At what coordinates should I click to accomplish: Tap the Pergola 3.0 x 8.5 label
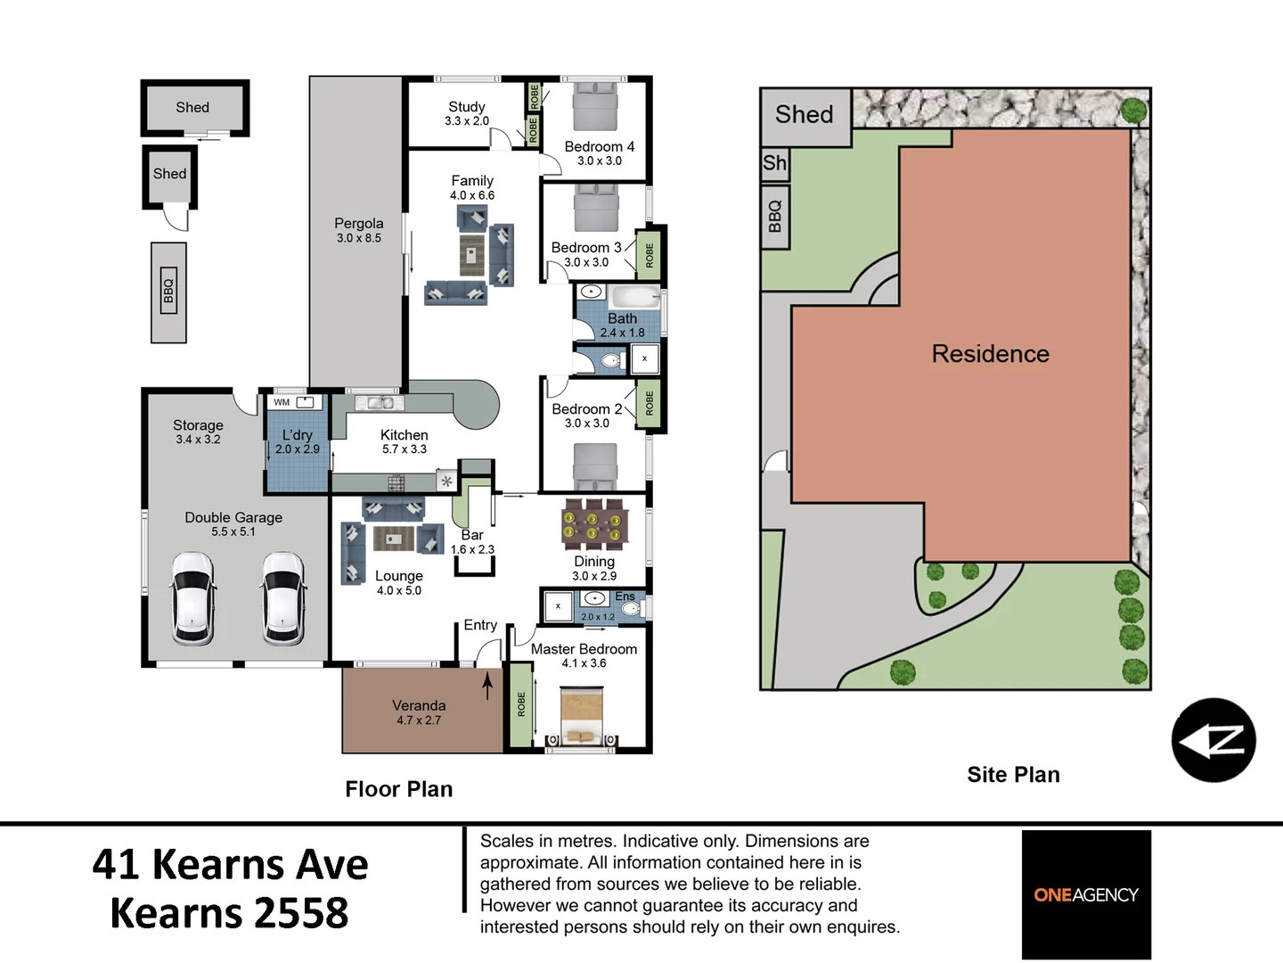tap(359, 230)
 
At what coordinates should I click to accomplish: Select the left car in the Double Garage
tap(192, 597)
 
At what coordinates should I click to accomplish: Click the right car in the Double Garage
tap(283, 597)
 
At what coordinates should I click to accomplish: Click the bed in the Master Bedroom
tap(581, 716)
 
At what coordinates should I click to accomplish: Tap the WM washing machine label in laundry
tap(282, 402)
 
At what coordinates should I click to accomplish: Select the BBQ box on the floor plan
tap(168, 291)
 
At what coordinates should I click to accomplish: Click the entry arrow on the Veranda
tap(487, 686)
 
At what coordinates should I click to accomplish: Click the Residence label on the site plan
tap(990, 354)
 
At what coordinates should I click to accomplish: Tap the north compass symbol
tap(1213, 740)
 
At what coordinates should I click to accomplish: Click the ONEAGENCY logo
tap(1086, 894)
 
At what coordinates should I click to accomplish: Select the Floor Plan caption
tap(399, 789)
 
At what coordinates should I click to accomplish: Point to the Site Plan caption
tap(1013, 775)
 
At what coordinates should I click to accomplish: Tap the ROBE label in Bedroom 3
tap(650, 256)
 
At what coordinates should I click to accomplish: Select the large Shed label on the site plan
tap(804, 115)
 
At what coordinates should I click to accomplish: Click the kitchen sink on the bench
tap(380, 403)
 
